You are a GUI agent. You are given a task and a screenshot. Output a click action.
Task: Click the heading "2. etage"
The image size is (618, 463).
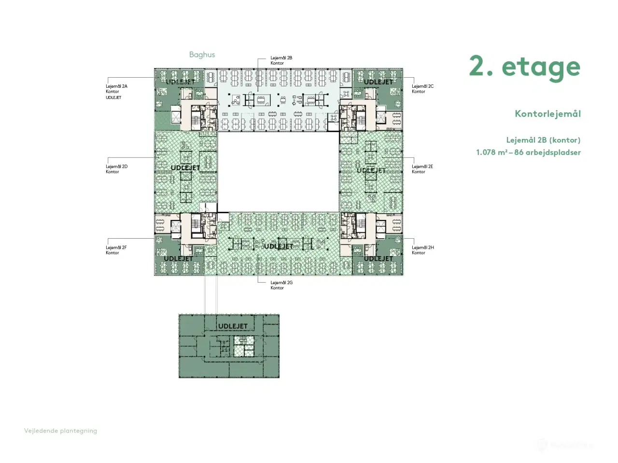pos(524,67)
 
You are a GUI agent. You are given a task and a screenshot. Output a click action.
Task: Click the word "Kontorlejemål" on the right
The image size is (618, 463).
pos(548,114)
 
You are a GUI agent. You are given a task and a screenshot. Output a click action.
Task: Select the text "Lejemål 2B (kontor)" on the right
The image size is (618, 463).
pos(543,140)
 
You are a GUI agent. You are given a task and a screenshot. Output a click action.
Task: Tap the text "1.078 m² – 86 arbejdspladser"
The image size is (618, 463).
pos(528,152)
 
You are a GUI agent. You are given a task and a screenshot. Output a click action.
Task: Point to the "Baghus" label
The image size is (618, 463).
pos(202,54)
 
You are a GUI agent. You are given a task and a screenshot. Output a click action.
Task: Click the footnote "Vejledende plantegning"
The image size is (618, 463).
pos(60,431)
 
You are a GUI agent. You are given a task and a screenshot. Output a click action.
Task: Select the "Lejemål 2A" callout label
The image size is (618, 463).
pos(116,89)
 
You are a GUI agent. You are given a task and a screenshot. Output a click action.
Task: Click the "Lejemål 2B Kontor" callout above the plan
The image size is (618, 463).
pos(281,60)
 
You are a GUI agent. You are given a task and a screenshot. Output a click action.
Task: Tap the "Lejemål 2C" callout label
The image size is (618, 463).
pos(422,89)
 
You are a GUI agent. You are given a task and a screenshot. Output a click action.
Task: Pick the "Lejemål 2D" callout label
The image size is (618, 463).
pos(116,169)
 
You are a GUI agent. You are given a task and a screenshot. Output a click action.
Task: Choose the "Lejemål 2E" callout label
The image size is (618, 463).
pos(422,169)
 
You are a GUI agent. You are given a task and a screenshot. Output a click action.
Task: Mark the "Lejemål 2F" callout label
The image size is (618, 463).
pos(116,250)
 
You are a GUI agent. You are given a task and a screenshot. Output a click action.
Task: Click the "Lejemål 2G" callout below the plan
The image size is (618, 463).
pos(281,285)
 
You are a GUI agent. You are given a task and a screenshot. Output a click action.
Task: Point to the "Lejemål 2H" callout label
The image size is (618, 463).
pos(422,250)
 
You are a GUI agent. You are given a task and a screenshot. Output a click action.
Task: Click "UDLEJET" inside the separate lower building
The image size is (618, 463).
pos(233,327)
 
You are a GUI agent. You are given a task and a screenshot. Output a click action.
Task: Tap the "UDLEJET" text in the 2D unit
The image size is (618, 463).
pos(185,168)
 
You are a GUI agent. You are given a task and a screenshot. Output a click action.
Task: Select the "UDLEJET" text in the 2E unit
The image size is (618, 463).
pos(371,170)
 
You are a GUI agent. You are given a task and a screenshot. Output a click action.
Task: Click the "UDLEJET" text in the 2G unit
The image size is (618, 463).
pos(279,246)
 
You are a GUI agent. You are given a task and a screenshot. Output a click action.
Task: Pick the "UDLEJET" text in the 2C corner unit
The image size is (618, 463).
pos(378,82)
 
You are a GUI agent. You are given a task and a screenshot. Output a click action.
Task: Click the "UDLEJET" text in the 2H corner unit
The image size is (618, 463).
pos(378,259)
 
